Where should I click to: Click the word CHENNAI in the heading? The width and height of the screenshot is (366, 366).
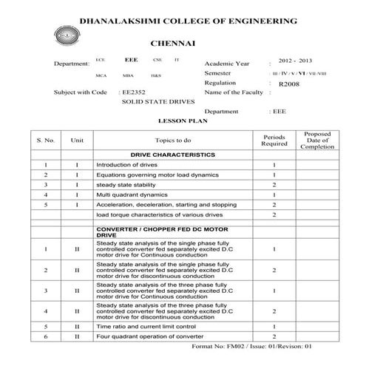[172, 45]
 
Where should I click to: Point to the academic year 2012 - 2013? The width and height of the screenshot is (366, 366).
[295, 58]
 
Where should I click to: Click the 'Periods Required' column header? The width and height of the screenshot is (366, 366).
[274, 140]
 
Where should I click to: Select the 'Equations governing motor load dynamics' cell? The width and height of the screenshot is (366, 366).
[157, 174]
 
